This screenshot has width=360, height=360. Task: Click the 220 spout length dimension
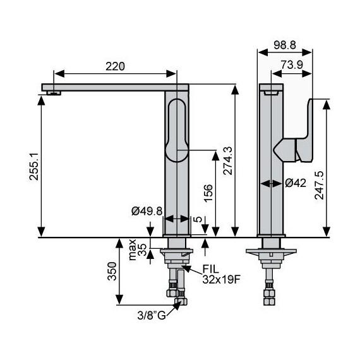115,66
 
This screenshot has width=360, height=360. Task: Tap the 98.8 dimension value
285,45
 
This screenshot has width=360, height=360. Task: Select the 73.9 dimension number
292,65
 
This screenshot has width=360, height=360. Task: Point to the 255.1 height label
33,167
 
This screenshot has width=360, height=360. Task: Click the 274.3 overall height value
228,160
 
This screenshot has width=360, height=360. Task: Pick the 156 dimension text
208,193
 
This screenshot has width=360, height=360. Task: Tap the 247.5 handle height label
319,185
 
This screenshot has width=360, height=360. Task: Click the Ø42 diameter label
296,183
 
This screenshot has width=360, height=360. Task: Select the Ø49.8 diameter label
147,211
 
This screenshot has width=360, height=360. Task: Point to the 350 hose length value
112,271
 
